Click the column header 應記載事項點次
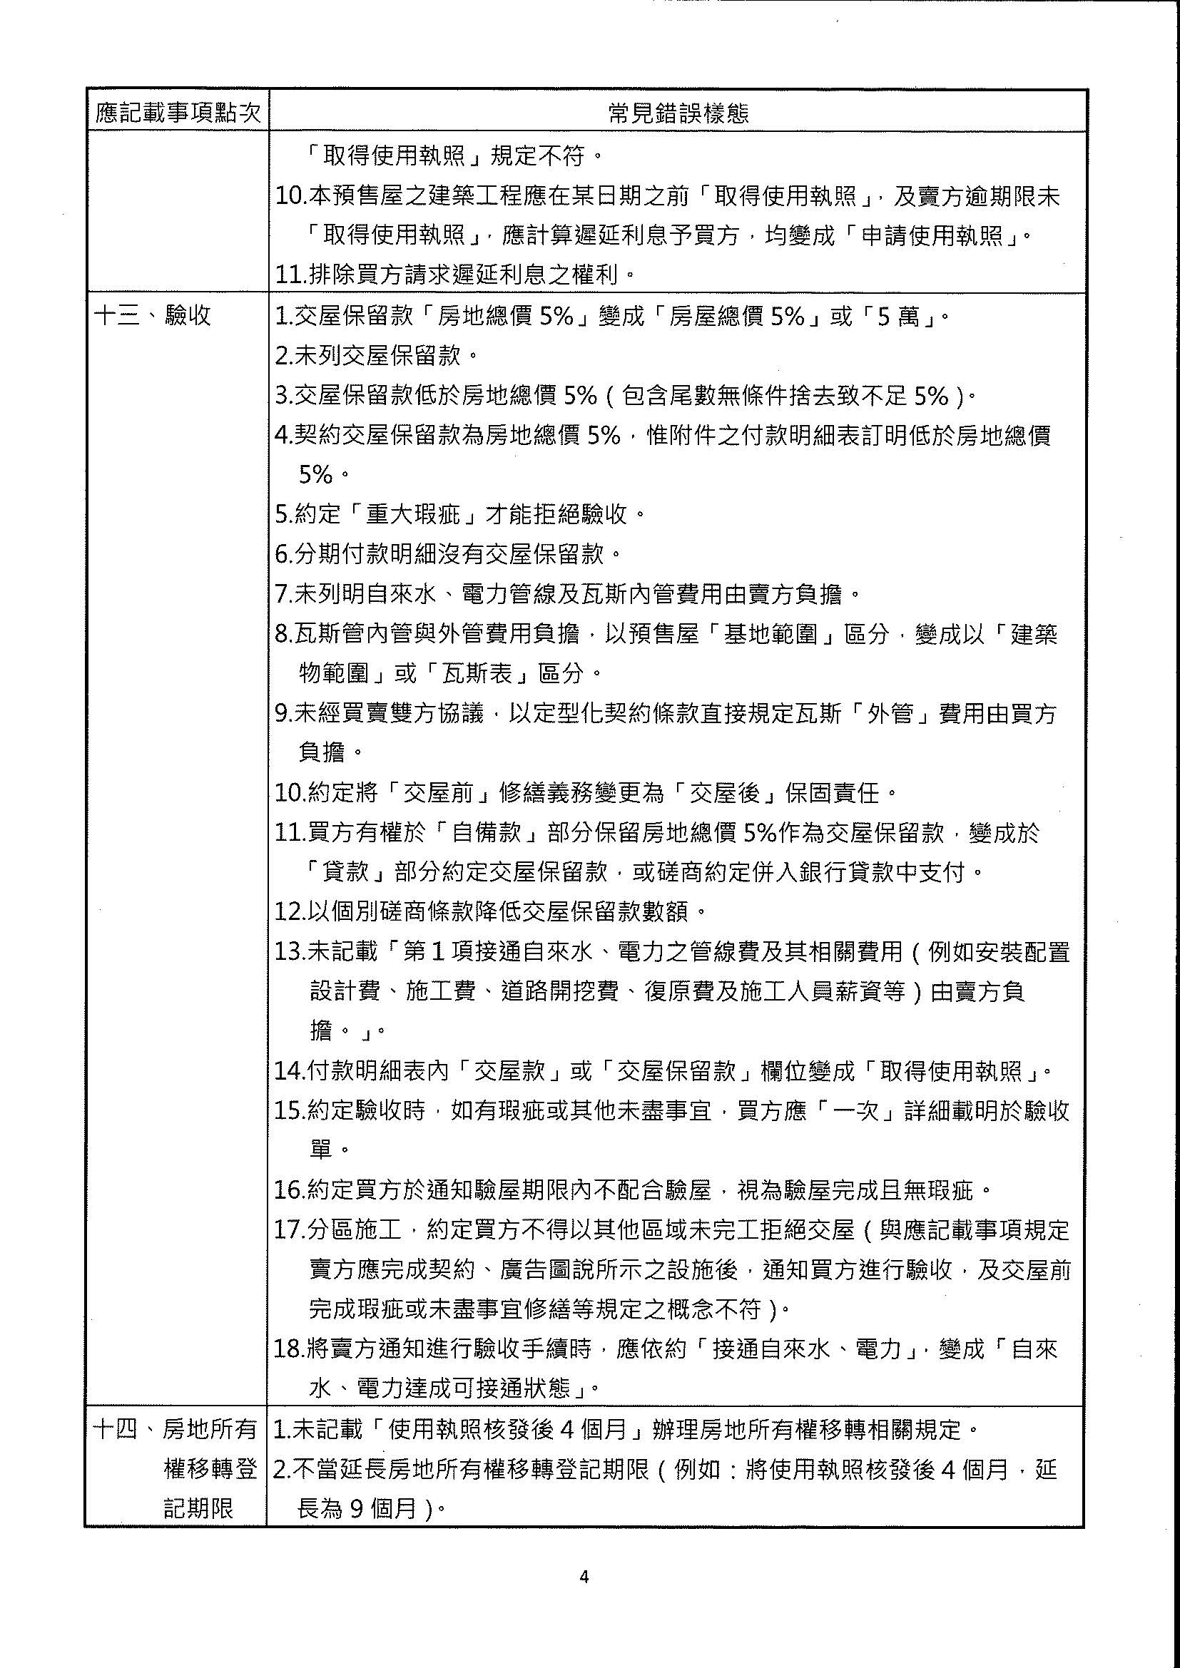(x=178, y=113)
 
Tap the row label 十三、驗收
(x=153, y=315)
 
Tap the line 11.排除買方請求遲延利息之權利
(x=456, y=275)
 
